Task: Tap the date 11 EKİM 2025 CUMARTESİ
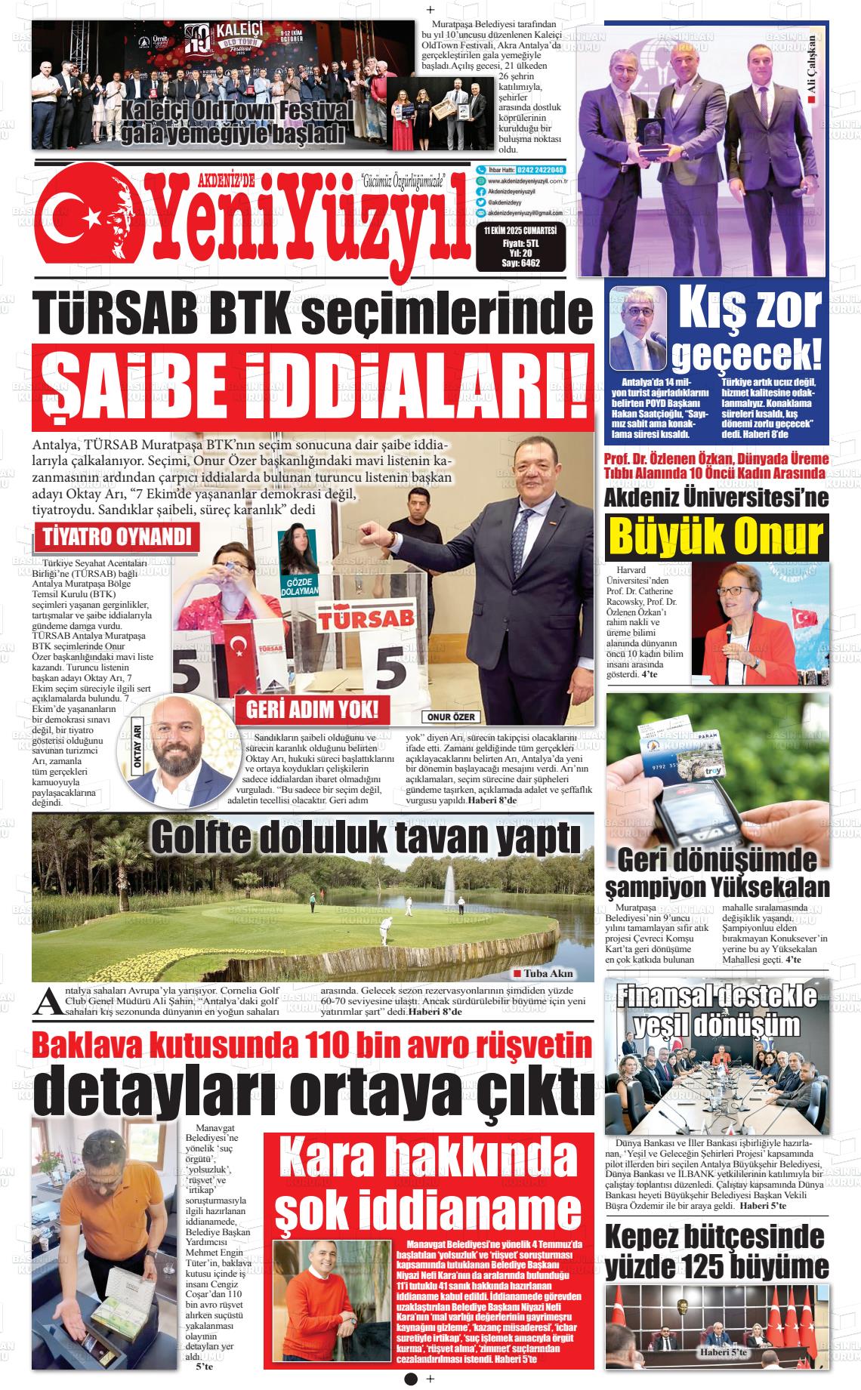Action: pyautogui.click(x=520, y=231)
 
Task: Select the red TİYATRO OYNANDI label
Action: pyautogui.click(x=117, y=538)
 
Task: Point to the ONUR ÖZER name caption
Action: pyautogui.click(x=451, y=717)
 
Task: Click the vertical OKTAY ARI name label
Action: pyautogui.click(x=137, y=747)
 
